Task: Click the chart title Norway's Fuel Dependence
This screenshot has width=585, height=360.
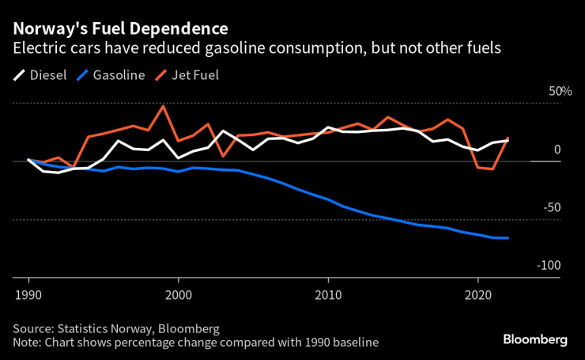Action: click(x=120, y=29)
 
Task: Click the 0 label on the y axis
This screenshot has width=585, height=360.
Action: click(x=557, y=150)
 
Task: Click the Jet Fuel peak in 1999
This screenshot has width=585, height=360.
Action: click(x=163, y=106)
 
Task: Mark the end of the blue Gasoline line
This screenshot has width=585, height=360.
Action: click(x=508, y=238)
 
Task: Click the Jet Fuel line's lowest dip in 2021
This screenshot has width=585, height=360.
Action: click(x=493, y=169)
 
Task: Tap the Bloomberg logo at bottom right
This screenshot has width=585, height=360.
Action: click(x=535, y=339)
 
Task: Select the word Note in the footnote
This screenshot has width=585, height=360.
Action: click(x=26, y=343)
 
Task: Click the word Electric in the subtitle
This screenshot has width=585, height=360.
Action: click(x=36, y=48)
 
